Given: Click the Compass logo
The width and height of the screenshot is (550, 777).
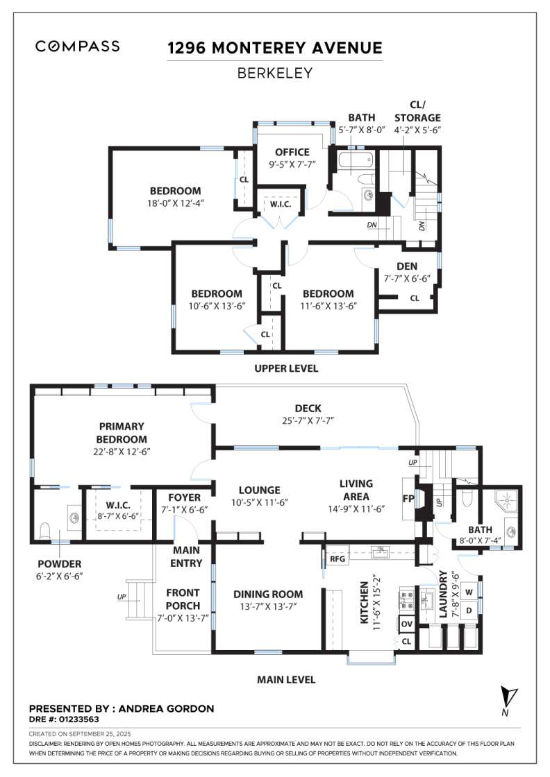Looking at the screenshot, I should (77, 46).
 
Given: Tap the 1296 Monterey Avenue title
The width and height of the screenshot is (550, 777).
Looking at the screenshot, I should (275, 48).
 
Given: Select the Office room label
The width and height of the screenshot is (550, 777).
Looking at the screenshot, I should (292, 153).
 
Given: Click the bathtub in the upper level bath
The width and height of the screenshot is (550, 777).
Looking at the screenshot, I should (355, 164).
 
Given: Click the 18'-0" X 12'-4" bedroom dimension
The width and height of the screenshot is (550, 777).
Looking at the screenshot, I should (175, 203).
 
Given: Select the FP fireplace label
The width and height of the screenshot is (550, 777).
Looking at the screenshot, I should (408, 498).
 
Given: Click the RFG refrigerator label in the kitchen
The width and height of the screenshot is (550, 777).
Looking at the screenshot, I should (337, 558).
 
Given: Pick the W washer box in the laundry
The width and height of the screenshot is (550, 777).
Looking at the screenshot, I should (469, 592).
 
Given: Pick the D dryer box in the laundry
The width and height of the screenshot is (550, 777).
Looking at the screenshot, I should (469, 610).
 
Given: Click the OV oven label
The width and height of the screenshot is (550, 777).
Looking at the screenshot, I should (406, 624).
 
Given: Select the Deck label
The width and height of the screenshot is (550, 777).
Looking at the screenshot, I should (308, 409).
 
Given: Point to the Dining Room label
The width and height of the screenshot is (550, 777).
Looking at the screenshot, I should (268, 594).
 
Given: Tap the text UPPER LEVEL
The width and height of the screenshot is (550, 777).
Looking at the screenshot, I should (285, 368).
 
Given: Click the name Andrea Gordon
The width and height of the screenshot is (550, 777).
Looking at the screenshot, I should (167, 708).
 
